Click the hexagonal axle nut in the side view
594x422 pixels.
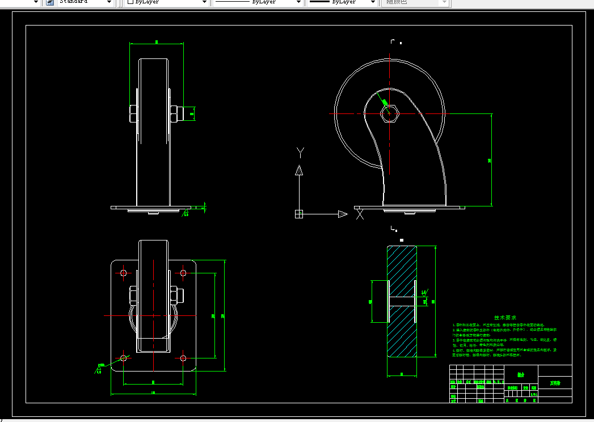[389, 113]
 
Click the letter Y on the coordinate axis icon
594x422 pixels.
[301, 151]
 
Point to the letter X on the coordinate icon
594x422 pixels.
[359, 214]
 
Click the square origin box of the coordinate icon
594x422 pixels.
[299, 214]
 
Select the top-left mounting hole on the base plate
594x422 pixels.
[124, 273]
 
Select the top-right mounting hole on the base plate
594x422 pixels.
[183, 273]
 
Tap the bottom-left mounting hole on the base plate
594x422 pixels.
[124, 358]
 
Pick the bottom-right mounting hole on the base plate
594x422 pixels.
[183, 358]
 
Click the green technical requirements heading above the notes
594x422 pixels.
[505, 318]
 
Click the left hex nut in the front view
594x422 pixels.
[133, 113]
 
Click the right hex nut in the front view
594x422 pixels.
[174, 113]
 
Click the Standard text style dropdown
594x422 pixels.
[85, 2]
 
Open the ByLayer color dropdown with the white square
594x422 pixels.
[167, 2]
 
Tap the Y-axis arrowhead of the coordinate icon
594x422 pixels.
[299, 170]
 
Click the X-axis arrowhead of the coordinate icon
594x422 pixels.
[342, 214]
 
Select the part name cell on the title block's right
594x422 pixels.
[554, 383]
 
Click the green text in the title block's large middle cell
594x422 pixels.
[521, 374]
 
